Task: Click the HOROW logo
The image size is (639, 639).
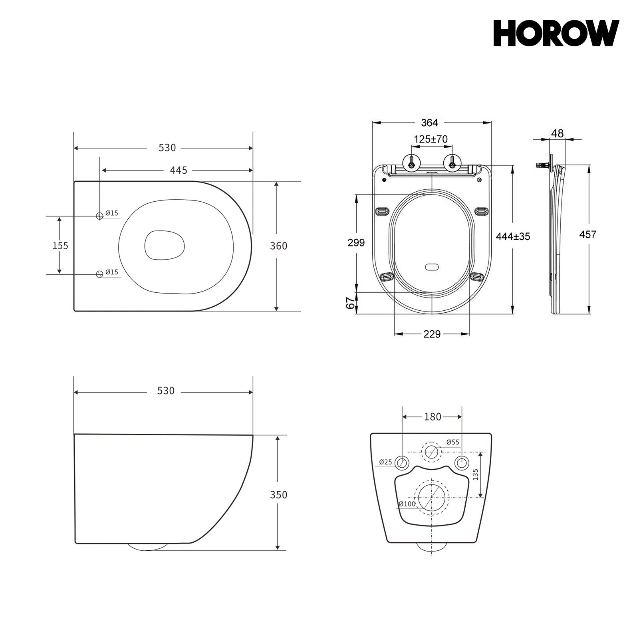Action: pyautogui.click(x=556, y=34)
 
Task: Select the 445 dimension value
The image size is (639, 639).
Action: pyautogui.click(x=179, y=171)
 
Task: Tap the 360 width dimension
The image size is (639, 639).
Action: pyautogui.click(x=279, y=246)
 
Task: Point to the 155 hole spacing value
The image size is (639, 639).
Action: pyautogui.click(x=60, y=245)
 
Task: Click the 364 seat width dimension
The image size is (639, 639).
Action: pyautogui.click(x=430, y=123)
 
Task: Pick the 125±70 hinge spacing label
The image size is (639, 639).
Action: pyautogui.click(x=431, y=139)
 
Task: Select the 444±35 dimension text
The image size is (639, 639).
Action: pyautogui.click(x=513, y=236)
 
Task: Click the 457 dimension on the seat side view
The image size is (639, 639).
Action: pyautogui.click(x=588, y=235)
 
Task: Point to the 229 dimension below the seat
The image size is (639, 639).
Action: pyautogui.click(x=432, y=334)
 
